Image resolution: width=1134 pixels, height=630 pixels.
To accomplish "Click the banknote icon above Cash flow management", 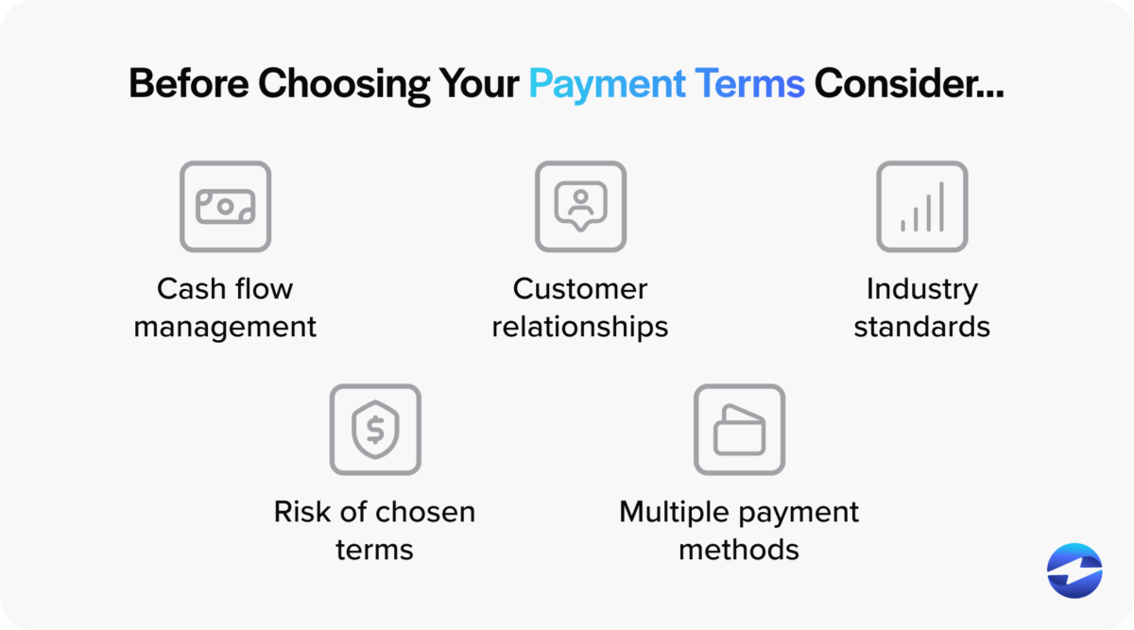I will [x=225, y=207].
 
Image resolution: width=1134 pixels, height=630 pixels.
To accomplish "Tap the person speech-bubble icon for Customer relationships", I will [x=580, y=207].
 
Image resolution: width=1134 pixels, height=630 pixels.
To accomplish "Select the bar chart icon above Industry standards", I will [x=921, y=207].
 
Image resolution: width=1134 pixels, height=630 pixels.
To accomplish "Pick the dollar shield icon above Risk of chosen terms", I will [x=375, y=430].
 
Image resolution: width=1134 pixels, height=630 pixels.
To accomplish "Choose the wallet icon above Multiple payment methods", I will [x=739, y=430].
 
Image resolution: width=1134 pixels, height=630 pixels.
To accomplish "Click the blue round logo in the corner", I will [x=1074, y=571].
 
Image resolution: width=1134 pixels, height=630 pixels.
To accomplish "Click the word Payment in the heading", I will [x=606, y=84].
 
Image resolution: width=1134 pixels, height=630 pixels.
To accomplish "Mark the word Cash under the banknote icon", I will [x=185, y=288].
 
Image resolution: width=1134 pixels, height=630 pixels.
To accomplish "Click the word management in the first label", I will [x=225, y=327].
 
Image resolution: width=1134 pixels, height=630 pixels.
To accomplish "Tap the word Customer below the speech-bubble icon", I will [x=580, y=288].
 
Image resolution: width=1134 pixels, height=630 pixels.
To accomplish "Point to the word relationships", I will [x=580, y=327].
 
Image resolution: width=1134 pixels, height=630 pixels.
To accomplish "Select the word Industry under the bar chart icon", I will [x=921, y=288].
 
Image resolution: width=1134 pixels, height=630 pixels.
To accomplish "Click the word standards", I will [x=921, y=327].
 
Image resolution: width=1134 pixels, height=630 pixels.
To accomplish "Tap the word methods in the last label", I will [x=739, y=550].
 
